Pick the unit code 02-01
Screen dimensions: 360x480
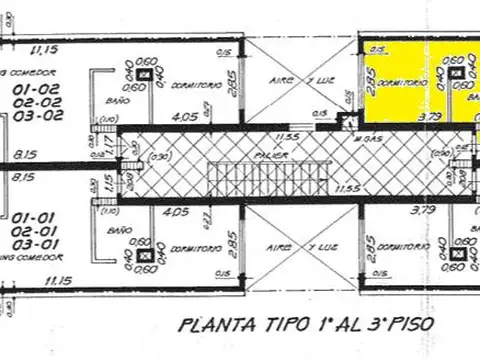36,229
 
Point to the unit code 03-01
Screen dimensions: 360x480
36,243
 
